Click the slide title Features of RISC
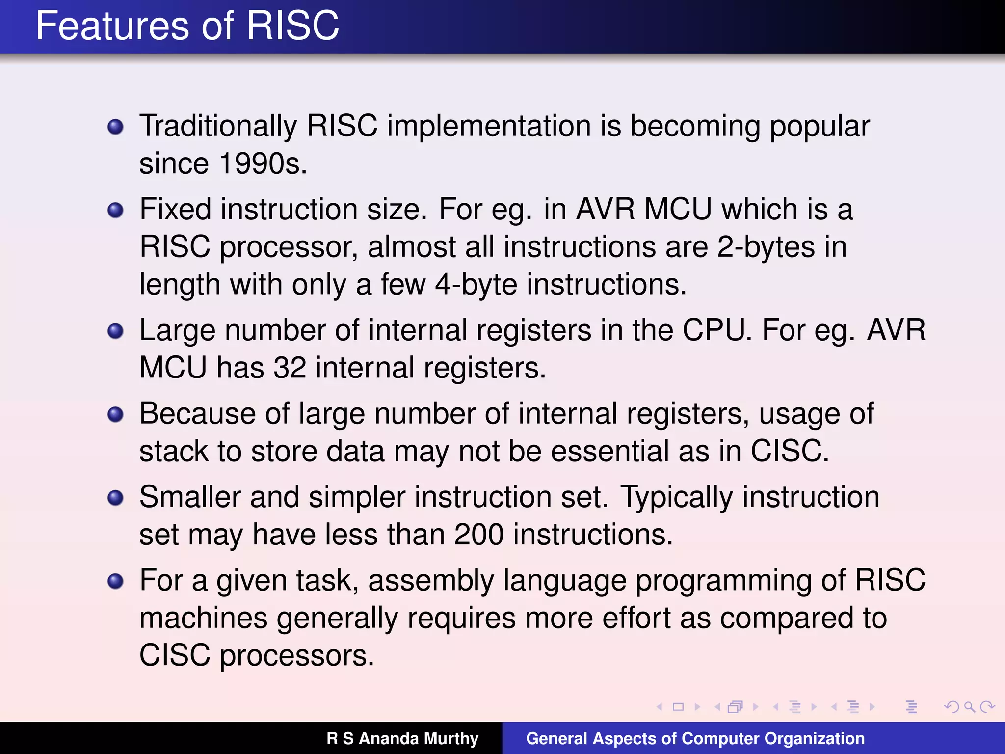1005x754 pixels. [187, 26]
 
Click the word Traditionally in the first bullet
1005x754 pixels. [218, 126]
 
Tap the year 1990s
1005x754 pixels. [263, 163]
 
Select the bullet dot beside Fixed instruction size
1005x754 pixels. [115, 211]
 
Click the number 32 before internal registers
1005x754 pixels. [290, 368]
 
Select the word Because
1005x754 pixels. [197, 413]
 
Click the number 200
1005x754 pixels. [478, 535]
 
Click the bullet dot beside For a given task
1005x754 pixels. [115, 582]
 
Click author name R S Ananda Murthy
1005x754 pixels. [402, 738]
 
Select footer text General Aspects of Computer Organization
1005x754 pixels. [695, 738]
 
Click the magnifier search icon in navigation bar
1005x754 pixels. [969, 707]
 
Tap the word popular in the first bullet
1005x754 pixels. [820, 126]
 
